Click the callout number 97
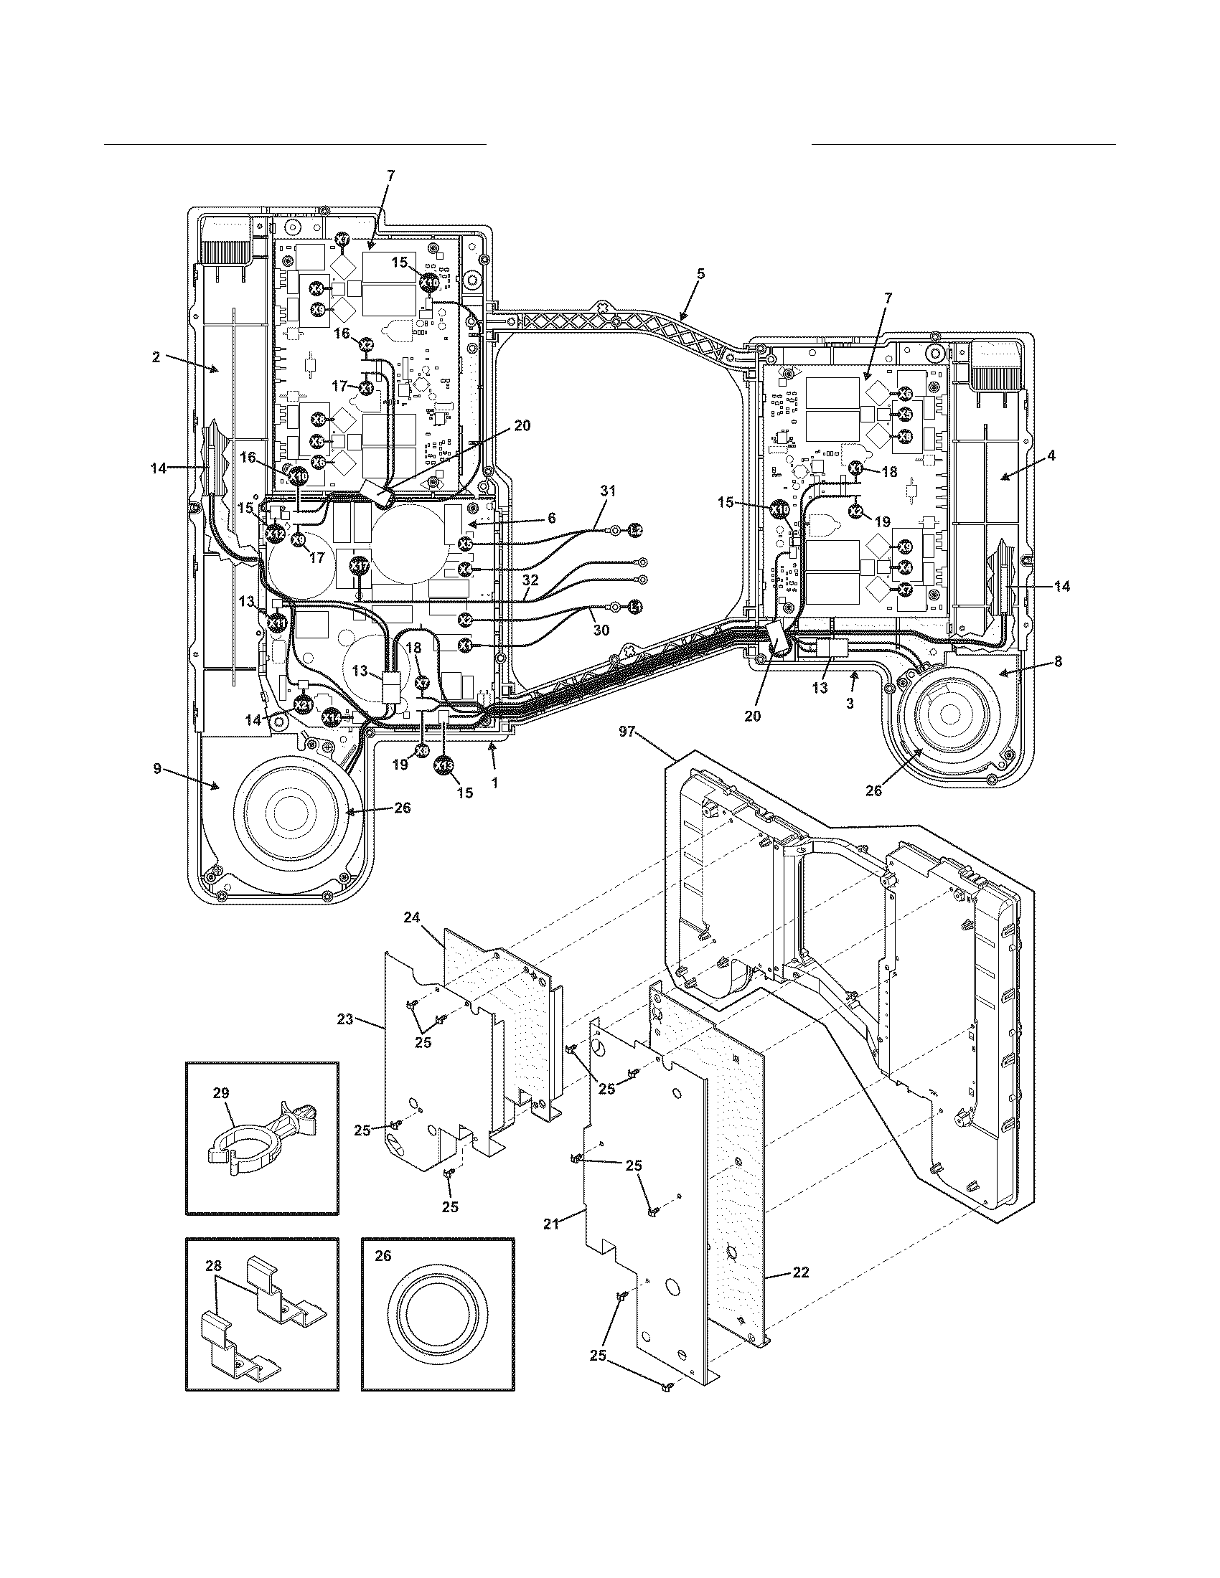coord(627,732)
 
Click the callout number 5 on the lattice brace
coord(700,274)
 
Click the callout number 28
coord(213,1266)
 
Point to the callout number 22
coord(800,1293)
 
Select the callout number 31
coord(608,491)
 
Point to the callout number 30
coord(601,630)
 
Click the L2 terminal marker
coord(634,531)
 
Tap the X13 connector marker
coord(444,765)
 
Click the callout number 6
coord(551,518)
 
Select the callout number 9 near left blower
coord(157,769)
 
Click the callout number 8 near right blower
coord(1058,661)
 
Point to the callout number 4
coord(1051,456)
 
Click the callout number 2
coord(156,357)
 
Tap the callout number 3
coord(850,703)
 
